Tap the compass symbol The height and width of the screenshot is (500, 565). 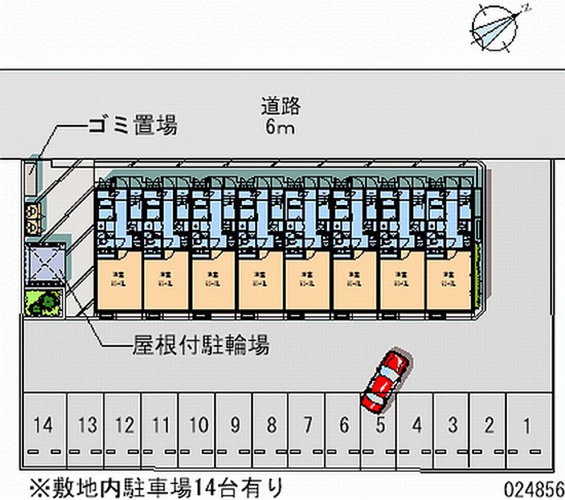point(492,26)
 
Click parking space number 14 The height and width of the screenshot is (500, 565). point(43,426)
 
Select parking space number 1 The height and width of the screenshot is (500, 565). point(525,426)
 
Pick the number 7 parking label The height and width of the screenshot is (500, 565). point(308,426)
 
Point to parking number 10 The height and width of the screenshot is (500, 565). point(198,426)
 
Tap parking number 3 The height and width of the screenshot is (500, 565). point(452,426)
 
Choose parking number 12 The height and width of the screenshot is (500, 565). point(124,426)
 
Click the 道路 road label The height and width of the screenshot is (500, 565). point(280,107)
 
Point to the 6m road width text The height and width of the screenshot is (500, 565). point(280,127)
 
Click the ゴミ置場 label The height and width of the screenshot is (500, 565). point(132,127)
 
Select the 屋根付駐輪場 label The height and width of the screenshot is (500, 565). point(201,346)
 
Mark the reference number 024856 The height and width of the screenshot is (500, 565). point(533,489)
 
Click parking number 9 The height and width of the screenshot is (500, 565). point(235,426)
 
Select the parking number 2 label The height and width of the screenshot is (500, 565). point(489,426)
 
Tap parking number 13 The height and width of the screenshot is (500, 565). point(87,426)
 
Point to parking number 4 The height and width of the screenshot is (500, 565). point(417,426)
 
